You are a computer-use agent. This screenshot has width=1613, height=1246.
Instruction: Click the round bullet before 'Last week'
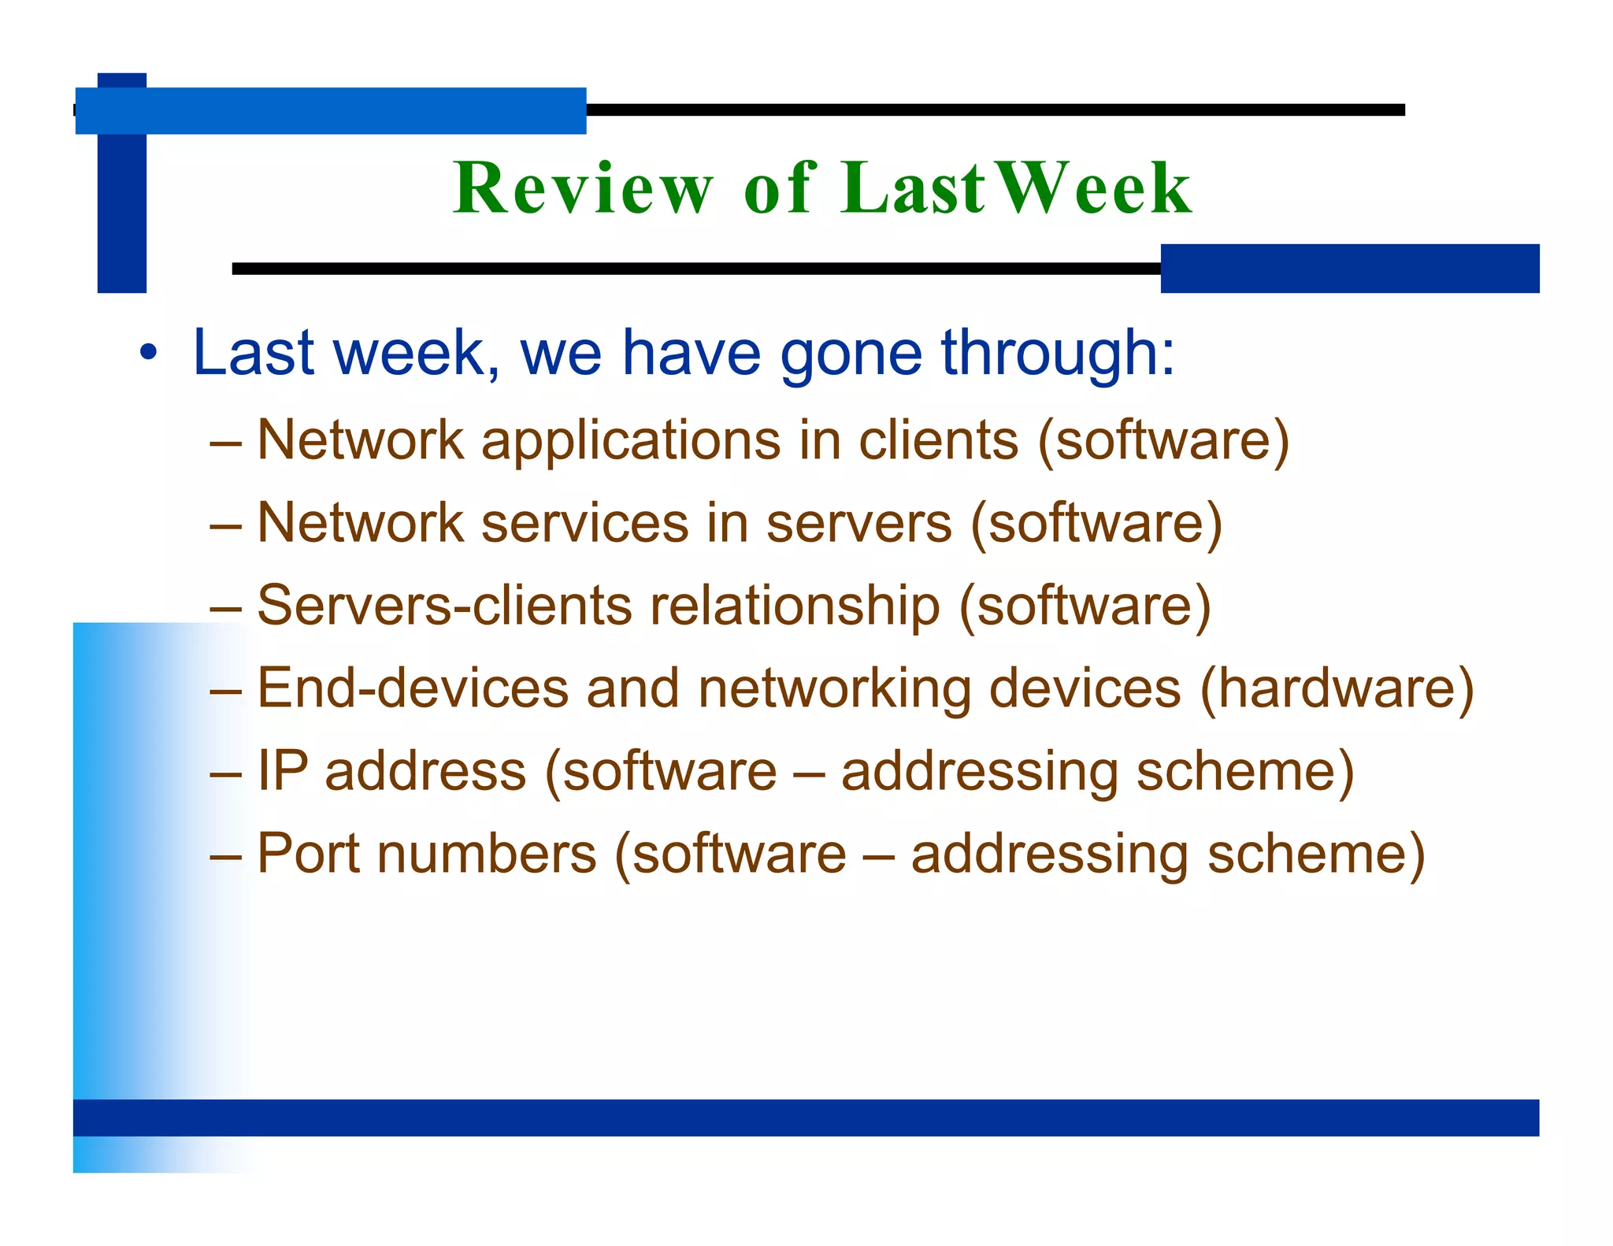[148, 353]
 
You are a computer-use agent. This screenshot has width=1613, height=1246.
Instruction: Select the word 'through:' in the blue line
[1058, 353]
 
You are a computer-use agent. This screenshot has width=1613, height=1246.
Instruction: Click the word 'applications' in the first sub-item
[631, 441]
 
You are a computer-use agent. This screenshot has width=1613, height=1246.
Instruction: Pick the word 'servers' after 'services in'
[858, 523]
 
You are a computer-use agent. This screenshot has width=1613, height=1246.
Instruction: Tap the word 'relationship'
[795, 606]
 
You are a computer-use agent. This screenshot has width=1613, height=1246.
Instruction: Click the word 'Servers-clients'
[445, 606]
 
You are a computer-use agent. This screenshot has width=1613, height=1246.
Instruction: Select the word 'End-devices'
[413, 688]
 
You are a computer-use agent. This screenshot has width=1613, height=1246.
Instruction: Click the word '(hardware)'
[1336, 688]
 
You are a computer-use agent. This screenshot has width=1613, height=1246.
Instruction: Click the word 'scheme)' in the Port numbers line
[1316, 854]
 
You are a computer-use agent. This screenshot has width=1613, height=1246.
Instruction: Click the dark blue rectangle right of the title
[1349, 269]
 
